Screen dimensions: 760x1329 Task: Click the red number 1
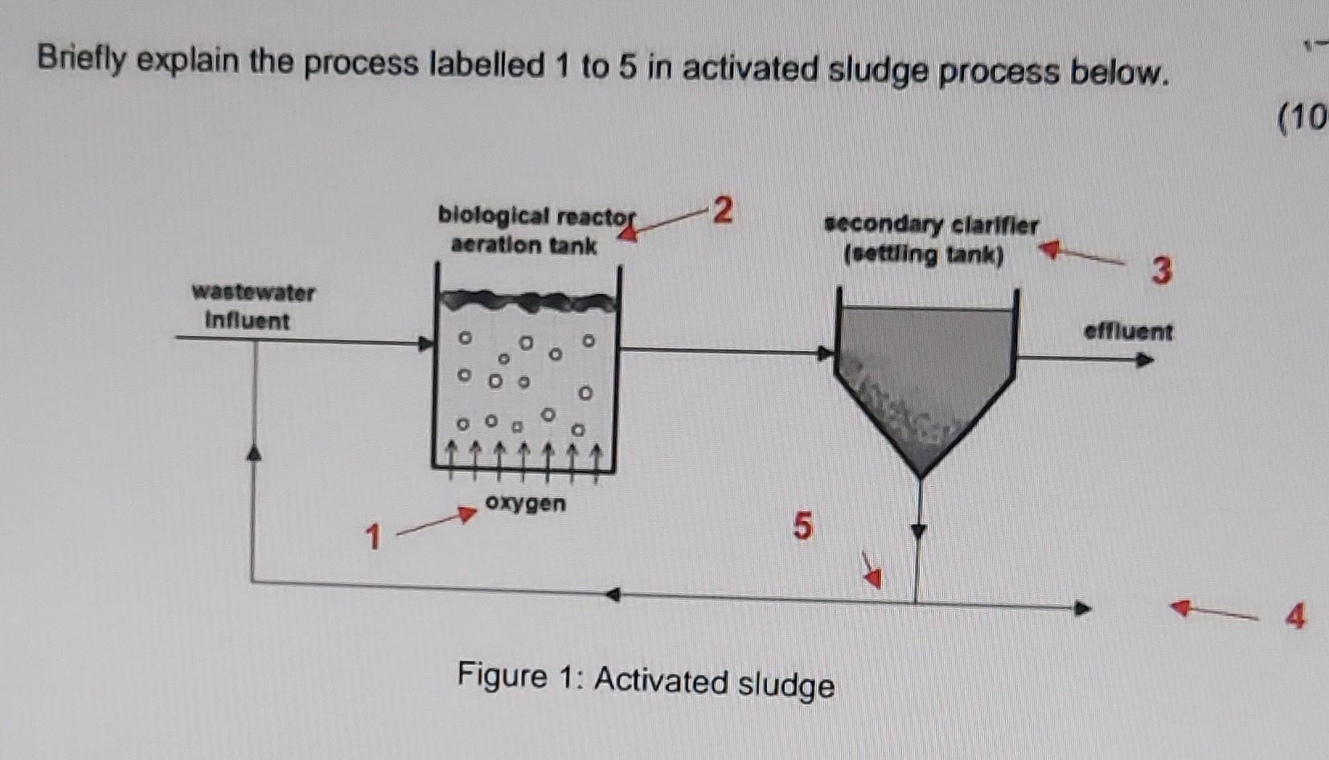pyautogui.click(x=371, y=536)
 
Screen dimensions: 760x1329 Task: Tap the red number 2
pyautogui.click(x=723, y=210)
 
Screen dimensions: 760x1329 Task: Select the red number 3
pyautogui.click(x=1161, y=271)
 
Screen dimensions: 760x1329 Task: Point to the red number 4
pyautogui.click(x=1294, y=616)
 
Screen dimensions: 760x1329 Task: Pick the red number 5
pyautogui.click(x=802, y=526)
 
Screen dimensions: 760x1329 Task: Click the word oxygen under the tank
pyautogui.click(x=525, y=504)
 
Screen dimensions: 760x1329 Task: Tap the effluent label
pyautogui.click(x=1127, y=331)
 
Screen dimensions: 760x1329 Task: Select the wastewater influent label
pyautogui.click(x=252, y=306)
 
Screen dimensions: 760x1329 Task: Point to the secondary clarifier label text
pyautogui.click(x=931, y=239)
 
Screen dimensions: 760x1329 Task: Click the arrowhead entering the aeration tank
pyautogui.click(x=425, y=344)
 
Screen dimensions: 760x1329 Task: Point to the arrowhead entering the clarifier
pyautogui.click(x=825, y=353)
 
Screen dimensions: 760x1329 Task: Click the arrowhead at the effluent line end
pyautogui.click(x=1145, y=360)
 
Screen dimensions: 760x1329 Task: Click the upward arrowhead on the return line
pyautogui.click(x=254, y=453)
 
